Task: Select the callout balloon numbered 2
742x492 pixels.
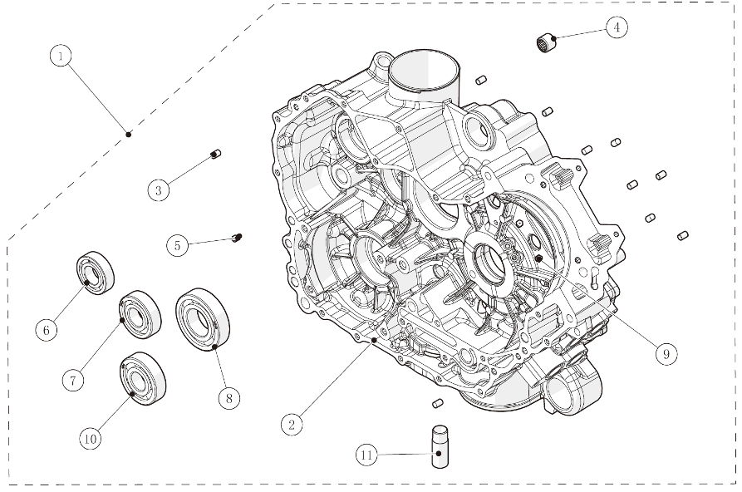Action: pos(290,425)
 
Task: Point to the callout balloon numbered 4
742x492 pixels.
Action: pos(616,27)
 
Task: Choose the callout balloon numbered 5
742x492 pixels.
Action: pos(176,245)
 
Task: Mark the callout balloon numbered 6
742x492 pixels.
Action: pos(47,330)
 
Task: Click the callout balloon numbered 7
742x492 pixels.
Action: pos(73,380)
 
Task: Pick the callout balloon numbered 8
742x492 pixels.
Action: pos(228,398)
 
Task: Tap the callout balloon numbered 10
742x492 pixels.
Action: pos(90,436)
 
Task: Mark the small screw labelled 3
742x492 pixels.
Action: pos(215,154)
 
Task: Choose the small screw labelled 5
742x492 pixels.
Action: pos(237,239)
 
